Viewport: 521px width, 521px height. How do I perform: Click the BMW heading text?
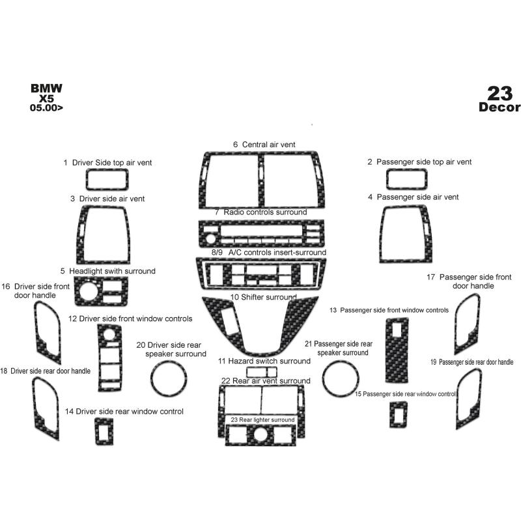point(46,88)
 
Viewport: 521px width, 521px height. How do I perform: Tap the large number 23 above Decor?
point(500,93)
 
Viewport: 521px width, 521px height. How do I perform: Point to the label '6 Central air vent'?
point(264,145)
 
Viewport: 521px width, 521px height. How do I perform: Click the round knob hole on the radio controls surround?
point(210,238)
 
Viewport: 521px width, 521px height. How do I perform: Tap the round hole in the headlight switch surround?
point(89,291)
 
